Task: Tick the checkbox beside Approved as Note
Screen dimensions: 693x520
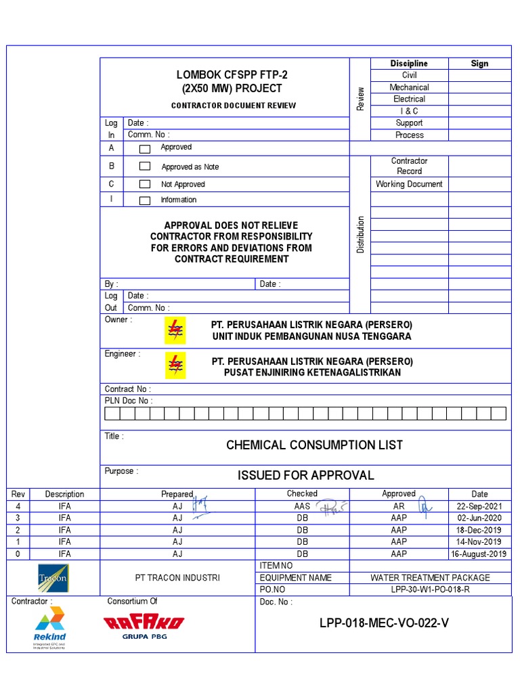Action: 145,166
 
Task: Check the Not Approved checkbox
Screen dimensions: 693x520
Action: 145,184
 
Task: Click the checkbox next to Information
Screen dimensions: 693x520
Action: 145,200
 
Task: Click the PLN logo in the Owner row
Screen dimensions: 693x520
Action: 175,330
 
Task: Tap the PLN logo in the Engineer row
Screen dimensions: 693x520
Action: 175,366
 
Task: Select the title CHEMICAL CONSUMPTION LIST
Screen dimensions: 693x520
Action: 314,445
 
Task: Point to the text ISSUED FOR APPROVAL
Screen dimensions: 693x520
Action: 305,475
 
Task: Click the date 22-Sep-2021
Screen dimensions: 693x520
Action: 479,506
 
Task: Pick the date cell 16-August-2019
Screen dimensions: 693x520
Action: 479,554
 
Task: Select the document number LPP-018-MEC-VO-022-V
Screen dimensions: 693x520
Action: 384,623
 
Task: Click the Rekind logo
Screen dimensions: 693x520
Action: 50,627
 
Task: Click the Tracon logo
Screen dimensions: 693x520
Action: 53,577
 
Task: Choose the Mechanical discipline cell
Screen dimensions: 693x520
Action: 409,87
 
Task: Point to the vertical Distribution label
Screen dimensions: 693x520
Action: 360,235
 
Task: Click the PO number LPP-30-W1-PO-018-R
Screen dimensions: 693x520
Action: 430,589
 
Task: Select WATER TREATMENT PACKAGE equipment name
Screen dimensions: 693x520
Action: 430,577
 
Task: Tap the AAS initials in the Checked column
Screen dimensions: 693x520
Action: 302,506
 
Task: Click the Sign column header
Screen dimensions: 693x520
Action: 479,64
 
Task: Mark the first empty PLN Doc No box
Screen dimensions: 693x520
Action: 112,413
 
